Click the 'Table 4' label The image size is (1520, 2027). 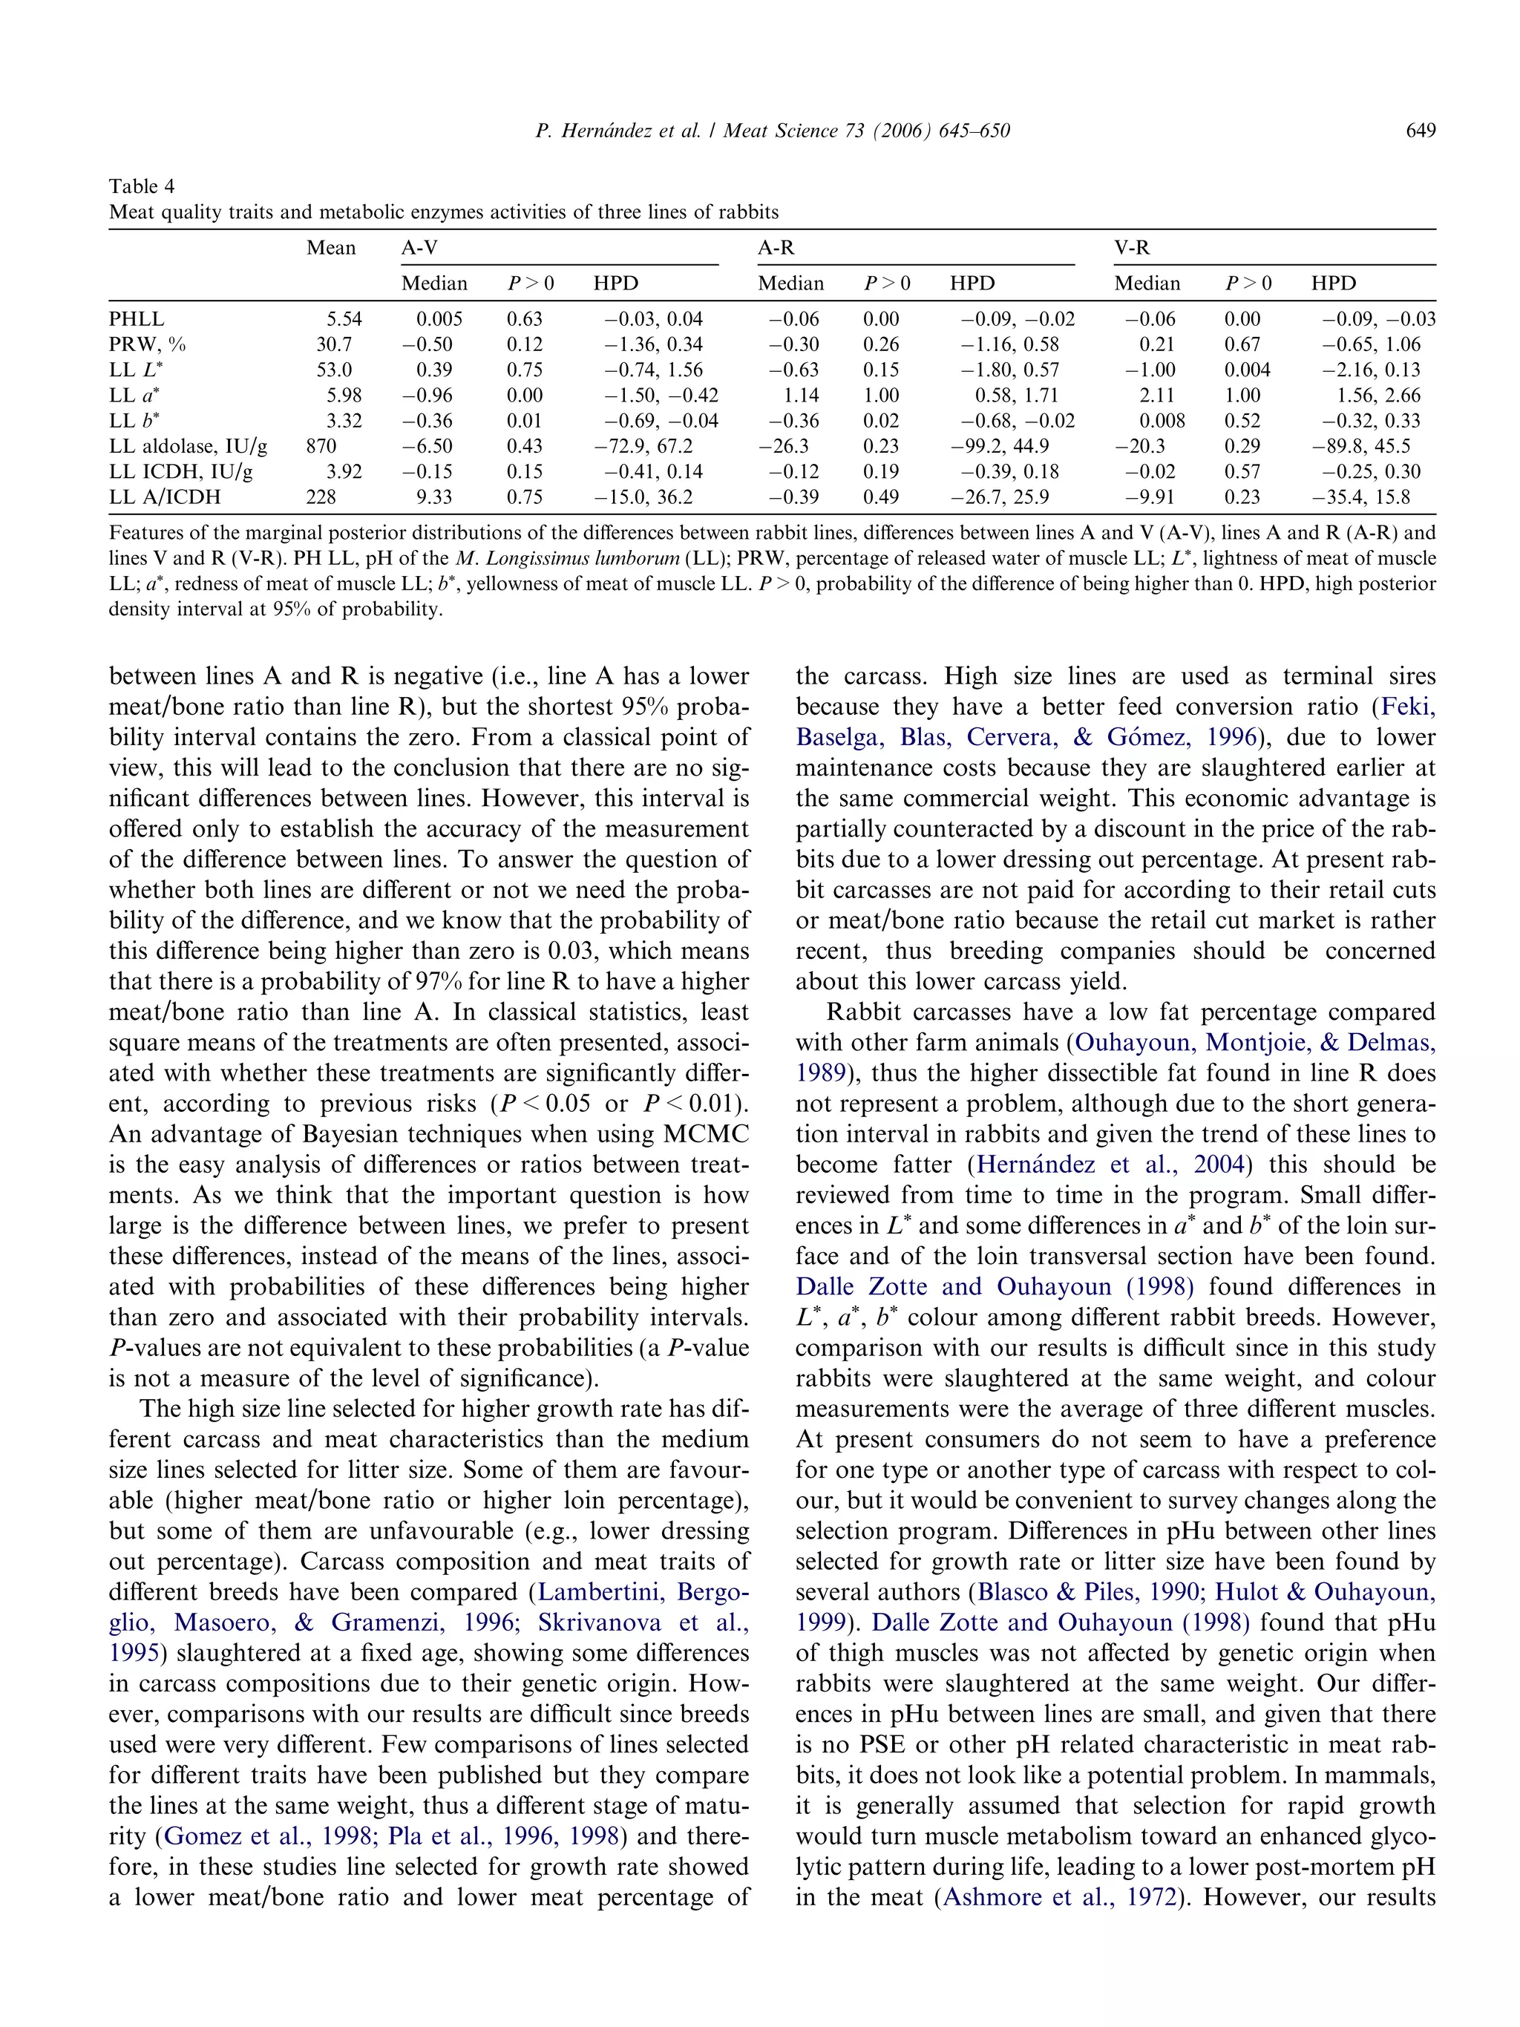141,186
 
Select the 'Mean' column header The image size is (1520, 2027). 331,247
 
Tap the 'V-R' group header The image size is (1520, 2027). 1132,247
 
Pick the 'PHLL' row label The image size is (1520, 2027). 137,319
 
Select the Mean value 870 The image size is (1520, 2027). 321,446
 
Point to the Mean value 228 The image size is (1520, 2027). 321,497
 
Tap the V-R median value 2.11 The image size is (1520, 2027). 1156,395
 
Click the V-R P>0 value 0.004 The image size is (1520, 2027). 1247,370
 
